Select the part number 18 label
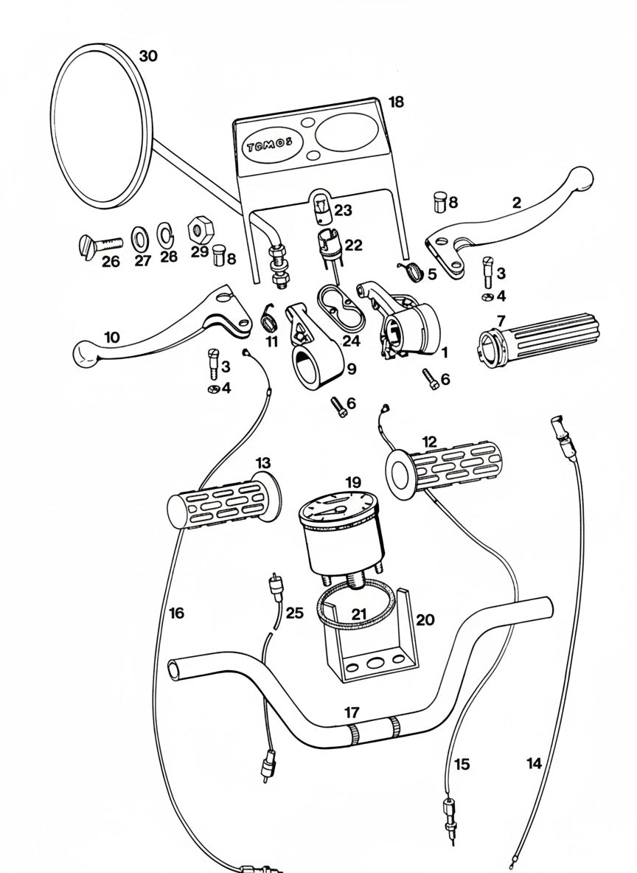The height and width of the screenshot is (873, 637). pyautogui.click(x=396, y=102)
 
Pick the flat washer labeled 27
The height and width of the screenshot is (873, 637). pyautogui.click(x=139, y=237)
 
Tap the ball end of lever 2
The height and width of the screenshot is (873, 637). pyautogui.click(x=582, y=177)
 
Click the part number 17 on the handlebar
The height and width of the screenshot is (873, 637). pyautogui.click(x=352, y=712)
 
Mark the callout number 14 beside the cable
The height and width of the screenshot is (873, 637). pyautogui.click(x=535, y=763)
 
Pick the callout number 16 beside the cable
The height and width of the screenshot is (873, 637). pyautogui.click(x=175, y=612)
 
